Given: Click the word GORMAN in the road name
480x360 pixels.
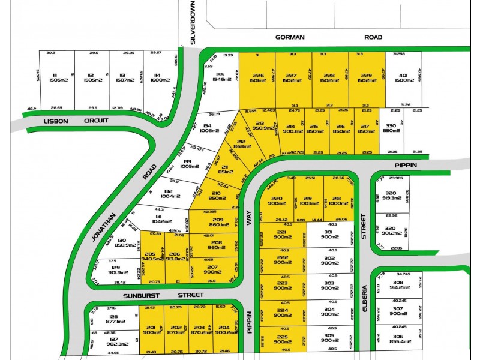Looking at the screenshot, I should pyautogui.click(x=290, y=37).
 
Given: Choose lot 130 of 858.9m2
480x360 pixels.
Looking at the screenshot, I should pyautogui.click(x=112, y=242).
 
